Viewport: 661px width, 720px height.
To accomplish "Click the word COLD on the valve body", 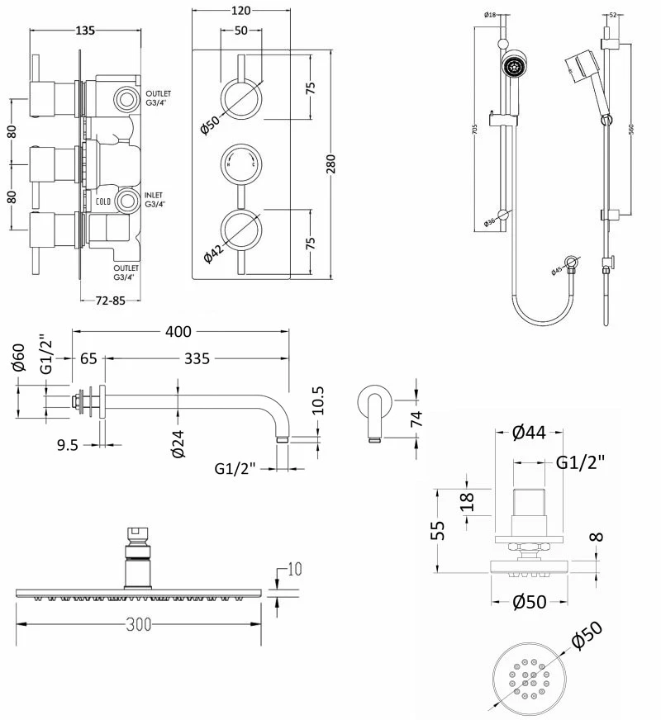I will click(102, 201).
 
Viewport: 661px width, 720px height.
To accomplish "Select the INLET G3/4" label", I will click(155, 199).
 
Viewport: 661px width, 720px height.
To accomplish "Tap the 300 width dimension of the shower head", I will click(140, 625).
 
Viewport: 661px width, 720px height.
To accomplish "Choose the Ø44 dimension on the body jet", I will click(528, 432).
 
